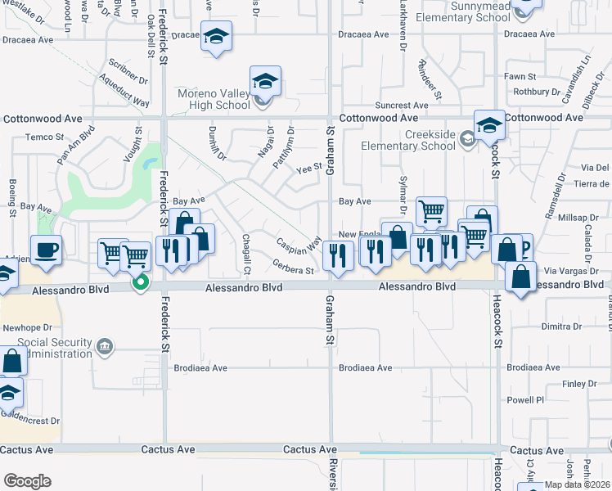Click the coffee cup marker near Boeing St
tap(46, 250)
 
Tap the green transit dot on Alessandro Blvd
tap(141, 283)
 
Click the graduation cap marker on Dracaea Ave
tap(216, 37)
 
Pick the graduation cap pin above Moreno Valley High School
tap(265, 82)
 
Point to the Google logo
tap(27, 481)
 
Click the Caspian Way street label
tap(298, 245)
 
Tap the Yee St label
tap(308, 168)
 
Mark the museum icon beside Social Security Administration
tap(104, 346)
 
